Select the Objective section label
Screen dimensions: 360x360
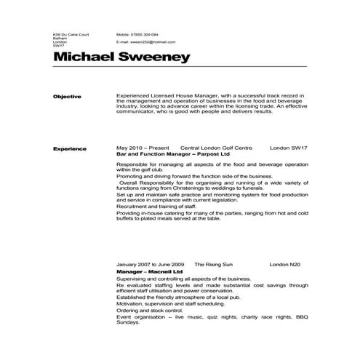coord(67,97)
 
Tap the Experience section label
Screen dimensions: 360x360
coord(70,149)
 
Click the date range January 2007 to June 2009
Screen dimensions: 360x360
coord(151,264)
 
